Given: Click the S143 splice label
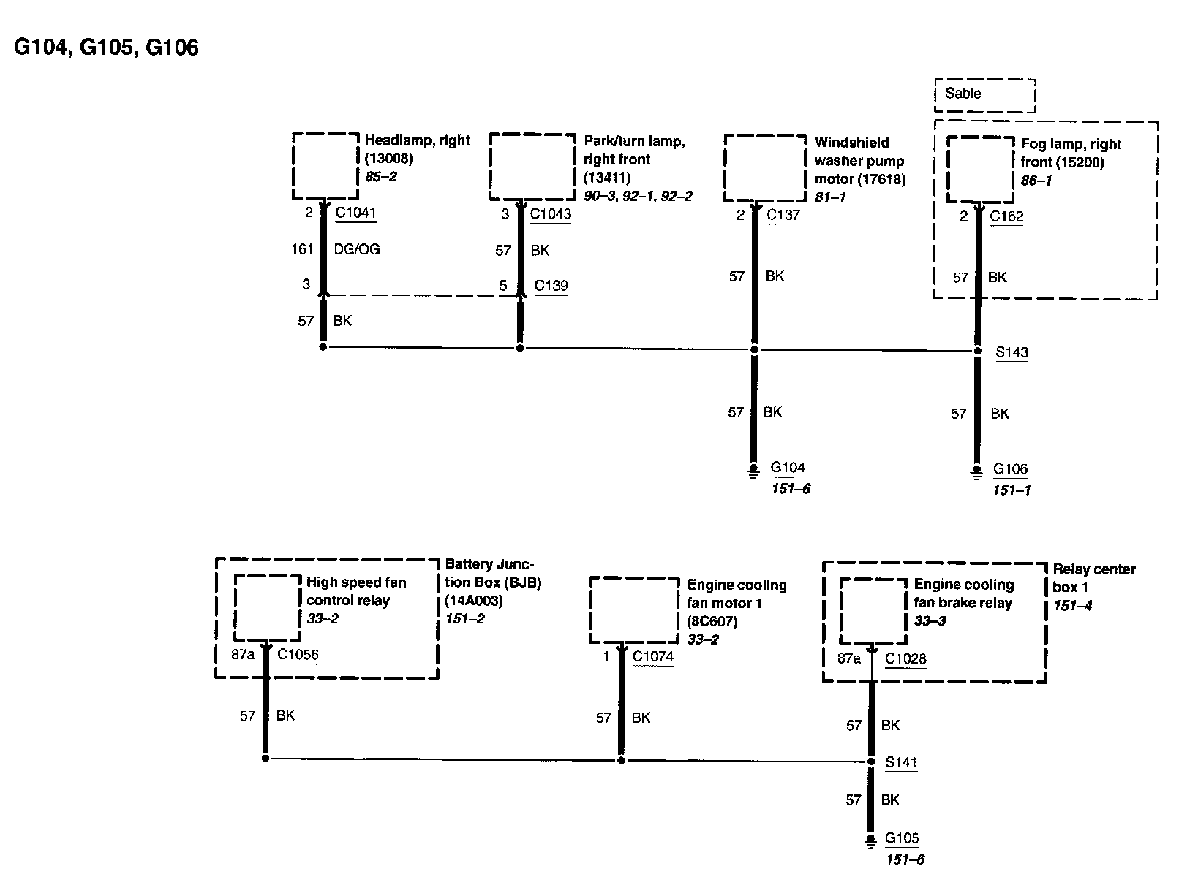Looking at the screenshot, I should pyautogui.click(x=1012, y=352).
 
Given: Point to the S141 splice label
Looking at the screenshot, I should pyautogui.click(x=901, y=762).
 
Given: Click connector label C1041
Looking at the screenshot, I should pyautogui.click(x=355, y=213).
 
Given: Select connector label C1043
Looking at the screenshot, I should pyautogui.click(x=550, y=214).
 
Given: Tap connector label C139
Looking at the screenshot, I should pyautogui.click(x=551, y=286).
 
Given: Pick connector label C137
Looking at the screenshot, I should pyautogui.click(x=783, y=216).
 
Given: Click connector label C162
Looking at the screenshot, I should pyautogui.click(x=1006, y=216).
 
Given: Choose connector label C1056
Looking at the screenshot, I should pyautogui.click(x=298, y=655).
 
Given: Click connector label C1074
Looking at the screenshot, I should pyautogui.click(x=652, y=656).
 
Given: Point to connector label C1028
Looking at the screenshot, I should pyautogui.click(x=905, y=658).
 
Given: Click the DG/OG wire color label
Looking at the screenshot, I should pyautogui.click(x=357, y=249).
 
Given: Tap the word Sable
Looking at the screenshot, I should pyautogui.click(x=963, y=94).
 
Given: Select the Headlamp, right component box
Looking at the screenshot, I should pyautogui.click(x=325, y=166).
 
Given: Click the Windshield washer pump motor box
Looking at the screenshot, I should pyautogui.click(x=765, y=168).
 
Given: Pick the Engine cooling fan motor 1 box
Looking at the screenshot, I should pyautogui.click(x=634, y=610).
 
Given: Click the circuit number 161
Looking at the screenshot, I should pyautogui.click(x=302, y=249).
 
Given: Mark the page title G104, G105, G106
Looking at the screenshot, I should pyautogui.click(x=106, y=48).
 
